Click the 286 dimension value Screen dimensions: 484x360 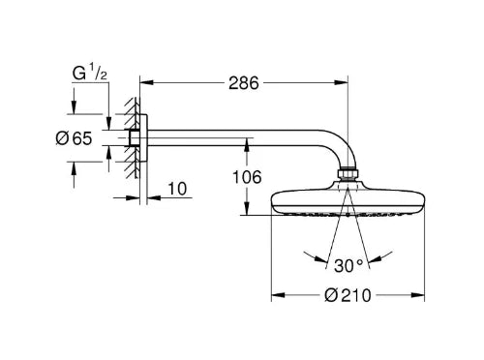coord(244,83)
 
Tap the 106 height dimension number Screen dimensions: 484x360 coord(247,177)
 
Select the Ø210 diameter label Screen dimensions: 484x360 coord(348,295)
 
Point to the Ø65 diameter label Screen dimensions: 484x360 coord(74,138)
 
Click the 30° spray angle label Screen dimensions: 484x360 coord(348,266)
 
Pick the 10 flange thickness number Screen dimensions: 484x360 coord(177,189)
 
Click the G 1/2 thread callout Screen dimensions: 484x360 coord(89,73)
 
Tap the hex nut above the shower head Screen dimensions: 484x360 coord(348,174)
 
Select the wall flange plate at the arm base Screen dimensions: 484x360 coord(143,137)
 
